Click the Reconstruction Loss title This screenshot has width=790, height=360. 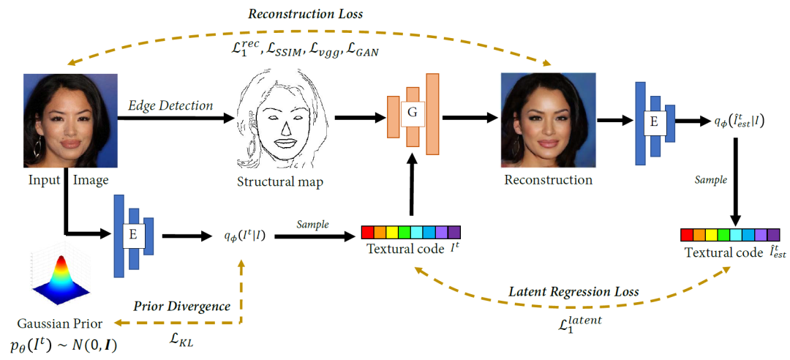[306, 14]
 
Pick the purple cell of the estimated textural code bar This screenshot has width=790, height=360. [773, 235]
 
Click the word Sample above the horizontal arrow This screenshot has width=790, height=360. [312, 224]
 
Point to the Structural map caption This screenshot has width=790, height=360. [282, 181]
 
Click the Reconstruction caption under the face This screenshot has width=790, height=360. [548, 179]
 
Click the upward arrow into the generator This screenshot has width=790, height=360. [413, 189]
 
